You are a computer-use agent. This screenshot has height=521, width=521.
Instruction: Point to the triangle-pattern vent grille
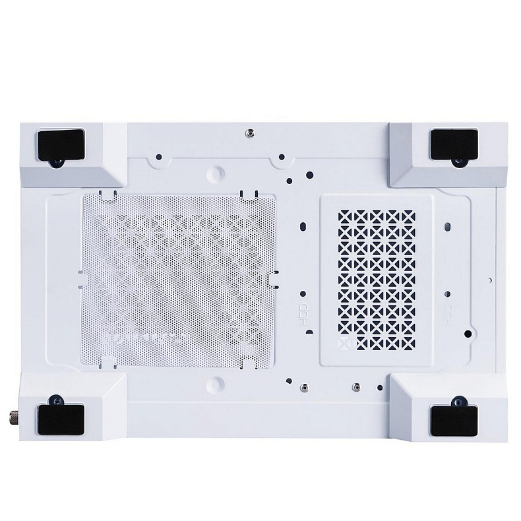pos(376,277)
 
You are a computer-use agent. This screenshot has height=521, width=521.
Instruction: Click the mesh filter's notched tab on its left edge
pos(80,279)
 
